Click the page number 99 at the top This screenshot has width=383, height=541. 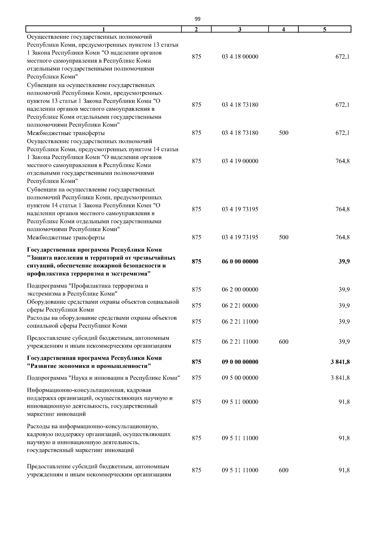(x=197, y=19)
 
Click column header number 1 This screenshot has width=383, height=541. (x=103, y=30)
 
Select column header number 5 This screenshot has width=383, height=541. (x=324, y=30)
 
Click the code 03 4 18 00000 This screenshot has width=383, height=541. (x=240, y=57)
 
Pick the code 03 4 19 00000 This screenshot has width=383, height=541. (x=240, y=161)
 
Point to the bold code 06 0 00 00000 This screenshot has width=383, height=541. (x=240, y=262)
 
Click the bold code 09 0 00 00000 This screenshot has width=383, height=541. (x=240, y=362)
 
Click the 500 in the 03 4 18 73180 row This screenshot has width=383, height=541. (x=283, y=133)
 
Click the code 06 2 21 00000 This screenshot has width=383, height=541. (x=240, y=306)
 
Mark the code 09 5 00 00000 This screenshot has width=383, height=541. (x=240, y=378)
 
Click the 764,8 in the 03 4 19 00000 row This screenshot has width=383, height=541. (x=342, y=161)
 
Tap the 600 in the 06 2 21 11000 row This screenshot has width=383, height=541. (x=283, y=342)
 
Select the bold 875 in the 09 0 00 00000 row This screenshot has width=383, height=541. (x=197, y=362)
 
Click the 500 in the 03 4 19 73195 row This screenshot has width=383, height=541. (x=283, y=238)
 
